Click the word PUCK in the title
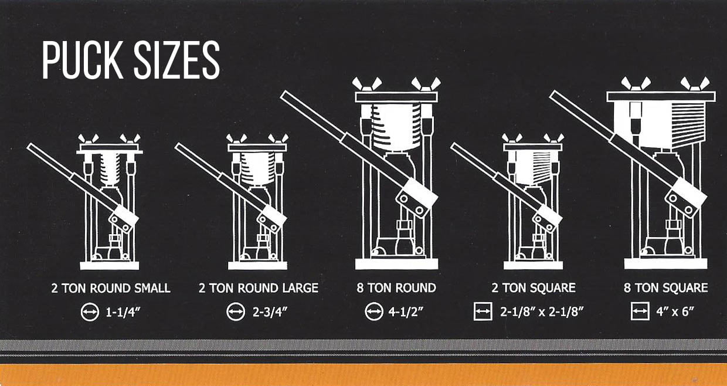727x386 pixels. (x=83, y=60)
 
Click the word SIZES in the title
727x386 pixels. (x=177, y=60)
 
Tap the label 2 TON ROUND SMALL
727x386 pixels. (x=111, y=288)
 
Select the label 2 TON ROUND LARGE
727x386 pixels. (x=259, y=288)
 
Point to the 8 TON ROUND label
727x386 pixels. (x=396, y=287)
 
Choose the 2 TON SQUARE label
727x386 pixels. (x=534, y=287)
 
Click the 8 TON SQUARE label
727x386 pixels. (x=665, y=287)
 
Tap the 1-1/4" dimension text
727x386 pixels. (x=123, y=312)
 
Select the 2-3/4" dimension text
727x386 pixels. (x=270, y=312)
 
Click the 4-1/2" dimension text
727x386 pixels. (x=406, y=312)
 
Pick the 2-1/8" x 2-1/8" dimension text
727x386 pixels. (x=542, y=312)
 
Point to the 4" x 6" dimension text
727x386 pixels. (x=675, y=312)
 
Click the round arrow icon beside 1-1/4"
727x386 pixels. (x=90, y=312)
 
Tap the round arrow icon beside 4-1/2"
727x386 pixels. (x=374, y=311)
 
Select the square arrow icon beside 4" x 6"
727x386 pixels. (x=640, y=311)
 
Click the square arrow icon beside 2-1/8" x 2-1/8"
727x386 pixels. (x=483, y=311)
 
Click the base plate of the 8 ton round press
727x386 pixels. (x=396, y=263)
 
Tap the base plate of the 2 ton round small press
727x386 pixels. (x=110, y=266)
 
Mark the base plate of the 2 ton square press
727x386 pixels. (x=534, y=265)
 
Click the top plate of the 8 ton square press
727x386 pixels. (x=661, y=96)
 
